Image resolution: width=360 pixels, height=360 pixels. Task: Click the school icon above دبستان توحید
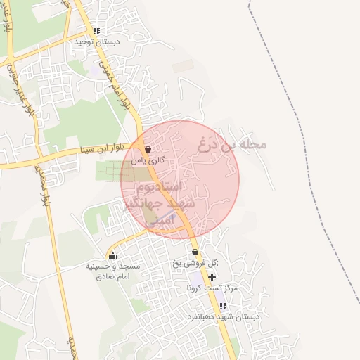pos(96,32)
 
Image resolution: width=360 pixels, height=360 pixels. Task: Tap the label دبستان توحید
pos(97,42)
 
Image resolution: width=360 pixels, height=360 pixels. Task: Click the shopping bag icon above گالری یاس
pos(148,150)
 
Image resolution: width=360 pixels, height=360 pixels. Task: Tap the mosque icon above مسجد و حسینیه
pos(113,255)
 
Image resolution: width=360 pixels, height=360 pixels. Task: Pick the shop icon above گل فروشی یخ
pos(195,252)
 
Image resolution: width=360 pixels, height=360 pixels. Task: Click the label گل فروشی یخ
pos(195,263)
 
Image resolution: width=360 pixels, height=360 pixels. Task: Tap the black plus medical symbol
pos(212,278)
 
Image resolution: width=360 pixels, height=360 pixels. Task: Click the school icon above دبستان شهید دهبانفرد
pos(223,307)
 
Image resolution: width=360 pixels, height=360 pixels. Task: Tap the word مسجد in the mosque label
pos(132,266)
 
